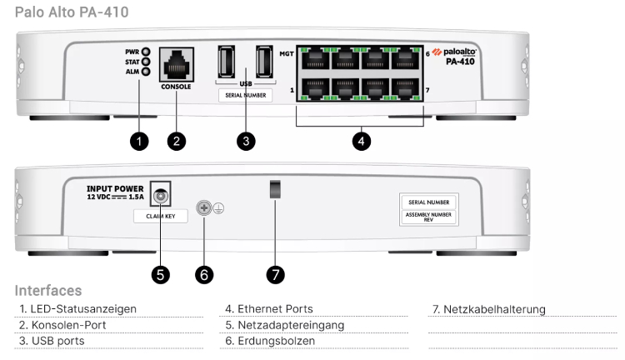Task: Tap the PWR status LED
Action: pos(145,52)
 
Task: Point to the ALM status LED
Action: pos(145,72)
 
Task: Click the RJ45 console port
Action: pos(176,62)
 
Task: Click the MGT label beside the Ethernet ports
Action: pos(286,52)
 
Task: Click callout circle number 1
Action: pos(139,141)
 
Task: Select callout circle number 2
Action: pos(176,141)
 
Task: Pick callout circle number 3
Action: pos(245,141)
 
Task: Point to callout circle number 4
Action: pos(360,141)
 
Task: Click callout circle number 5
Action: pos(159,272)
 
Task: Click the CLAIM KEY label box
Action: pos(161,215)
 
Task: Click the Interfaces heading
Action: pos(48,291)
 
